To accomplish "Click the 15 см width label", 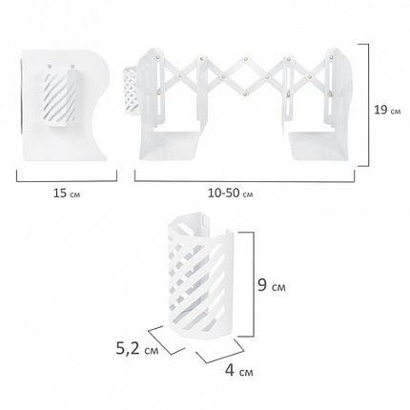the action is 67,193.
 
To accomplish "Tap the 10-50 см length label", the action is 231,193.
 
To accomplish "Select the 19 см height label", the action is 387,111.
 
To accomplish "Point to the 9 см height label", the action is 271,285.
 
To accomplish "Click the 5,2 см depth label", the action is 137,349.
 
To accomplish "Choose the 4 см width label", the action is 239,370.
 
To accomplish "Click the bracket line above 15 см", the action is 67,181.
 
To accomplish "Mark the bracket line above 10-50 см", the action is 244,181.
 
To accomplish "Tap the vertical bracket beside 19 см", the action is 368,105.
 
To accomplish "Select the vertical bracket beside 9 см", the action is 254,284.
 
